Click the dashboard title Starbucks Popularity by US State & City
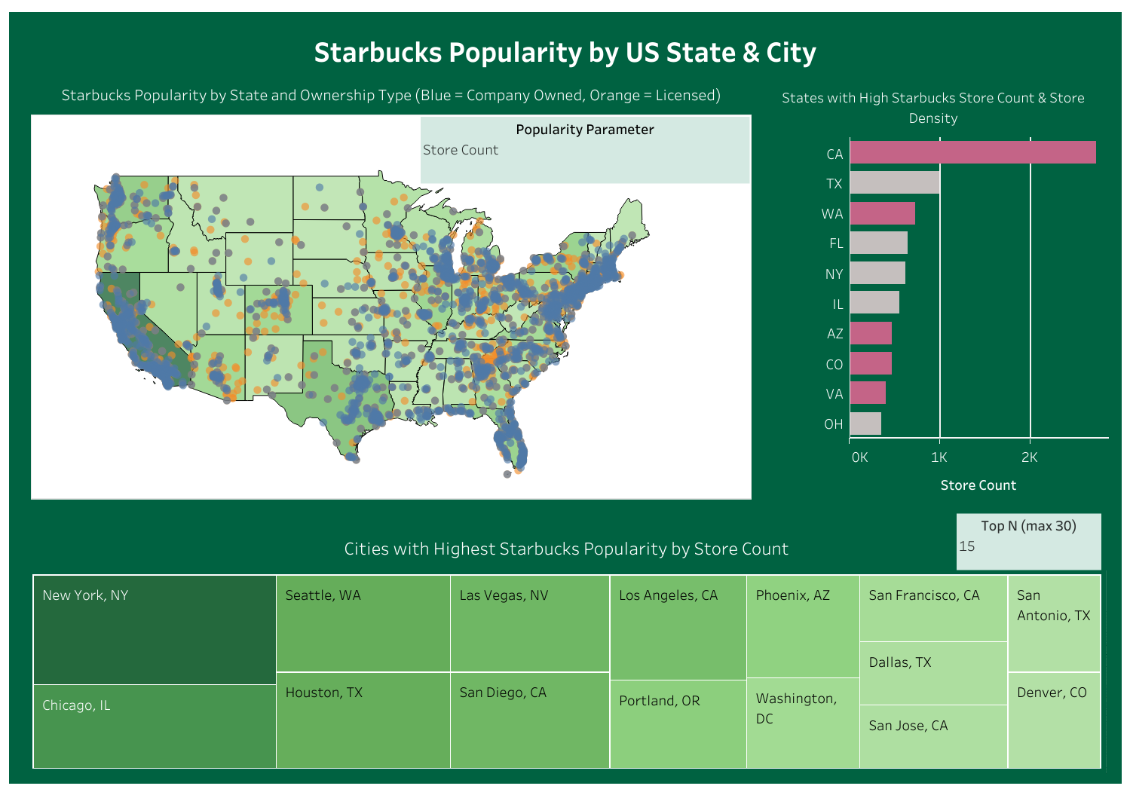point(565,53)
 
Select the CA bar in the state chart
point(972,152)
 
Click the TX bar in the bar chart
point(895,183)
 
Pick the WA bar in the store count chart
point(882,213)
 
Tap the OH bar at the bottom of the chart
point(865,424)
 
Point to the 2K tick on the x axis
point(1029,457)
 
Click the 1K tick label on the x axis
point(939,457)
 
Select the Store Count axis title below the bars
point(978,485)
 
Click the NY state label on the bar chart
point(834,274)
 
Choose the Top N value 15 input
point(1028,546)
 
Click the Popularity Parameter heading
point(584,130)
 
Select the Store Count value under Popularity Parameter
point(461,150)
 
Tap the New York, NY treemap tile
point(155,629)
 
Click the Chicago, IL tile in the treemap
point(155,726)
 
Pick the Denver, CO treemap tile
point(1053,720)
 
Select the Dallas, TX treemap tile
point(933,673)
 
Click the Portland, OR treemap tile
point(678,723)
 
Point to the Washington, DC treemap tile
point(802,722)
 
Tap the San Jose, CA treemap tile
point(933,736)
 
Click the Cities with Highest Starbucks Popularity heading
point(565,549)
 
